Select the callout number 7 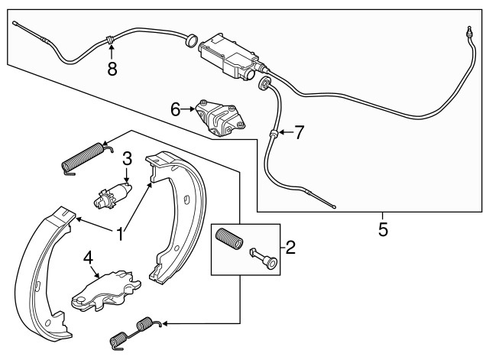coord(299,133)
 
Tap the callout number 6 coord(175,110)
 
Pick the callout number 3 coord(128,159)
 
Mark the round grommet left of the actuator coord(191,39)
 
